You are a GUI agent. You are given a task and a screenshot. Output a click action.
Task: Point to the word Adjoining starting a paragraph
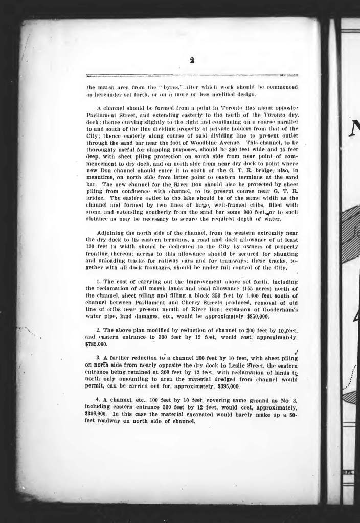[114, 232]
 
